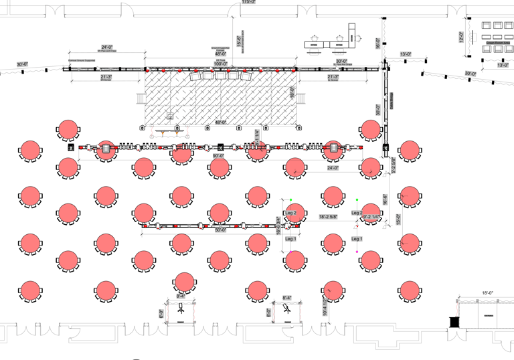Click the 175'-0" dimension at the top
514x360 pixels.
[x=248, y=2]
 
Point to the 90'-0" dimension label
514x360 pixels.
[x=218, y=155]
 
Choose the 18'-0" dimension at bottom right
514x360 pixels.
[x=487, y=293]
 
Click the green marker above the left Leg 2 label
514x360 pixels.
[x=291, y=199]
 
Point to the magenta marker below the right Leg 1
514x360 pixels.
[x=357, y=252]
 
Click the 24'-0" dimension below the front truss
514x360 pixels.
[x=333, y=168]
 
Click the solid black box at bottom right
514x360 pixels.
[x=455, y=321]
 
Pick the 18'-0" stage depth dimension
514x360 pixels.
[x=292, y=94]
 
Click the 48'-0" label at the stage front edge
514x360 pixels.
[x=220, y=122]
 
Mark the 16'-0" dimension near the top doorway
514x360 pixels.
[x=377, y=43]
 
